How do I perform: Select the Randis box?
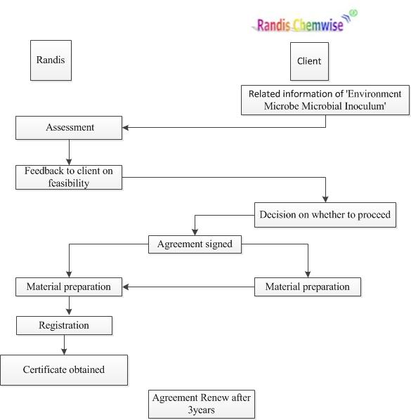coord(51,60)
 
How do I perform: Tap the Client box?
coord(309,61)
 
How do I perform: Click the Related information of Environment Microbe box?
coord(325,100)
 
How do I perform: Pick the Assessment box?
coord(69,128)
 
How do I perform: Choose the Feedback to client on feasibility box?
coord(69,177)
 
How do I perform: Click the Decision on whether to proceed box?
coord(325,215)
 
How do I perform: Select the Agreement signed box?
coord(195,244)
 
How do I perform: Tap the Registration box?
coord(65,325)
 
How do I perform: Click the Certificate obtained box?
coord(64,370)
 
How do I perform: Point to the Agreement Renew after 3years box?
coord(202,404)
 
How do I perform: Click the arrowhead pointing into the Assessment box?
coord(125,128)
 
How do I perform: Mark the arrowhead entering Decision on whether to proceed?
coord(325,199)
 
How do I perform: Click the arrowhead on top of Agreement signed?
coord(195,232)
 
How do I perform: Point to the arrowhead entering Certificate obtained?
coord(64,352)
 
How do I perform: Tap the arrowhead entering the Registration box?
coord(69,312)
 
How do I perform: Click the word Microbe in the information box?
coord(281,106)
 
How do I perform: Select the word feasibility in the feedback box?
coord(69,183)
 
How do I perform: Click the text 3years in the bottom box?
coord(201,410)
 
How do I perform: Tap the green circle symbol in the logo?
coord(354,13)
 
